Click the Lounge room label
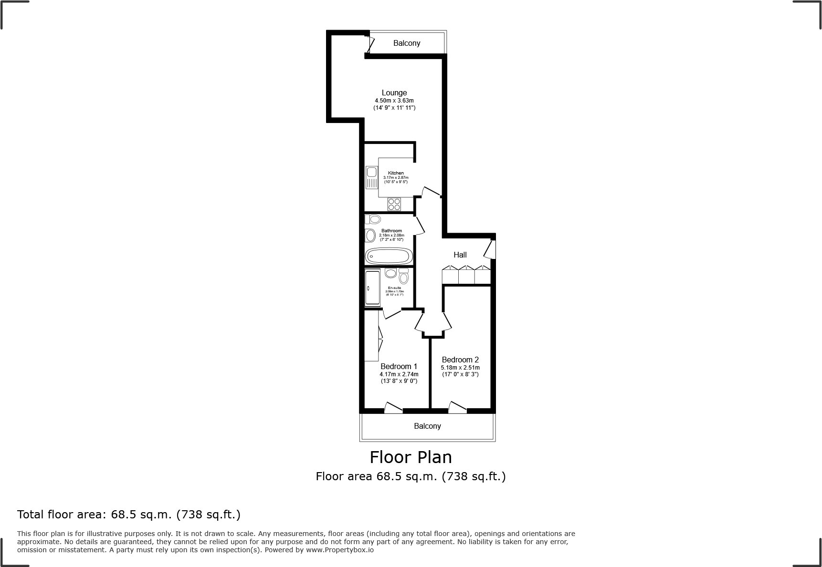[394, 93]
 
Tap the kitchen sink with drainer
[371, 177]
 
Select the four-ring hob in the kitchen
[394, 204]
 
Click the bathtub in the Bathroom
[389, 256]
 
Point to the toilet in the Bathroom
[374, 219]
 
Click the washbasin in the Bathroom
[370, 235]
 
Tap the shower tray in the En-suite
[372, 288]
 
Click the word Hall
[460, 255]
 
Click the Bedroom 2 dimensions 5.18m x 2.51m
[460, 368]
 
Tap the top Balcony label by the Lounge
[407, 43]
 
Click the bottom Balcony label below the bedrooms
[427, 426]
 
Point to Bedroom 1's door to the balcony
[393, 407]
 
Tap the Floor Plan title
[411, 457]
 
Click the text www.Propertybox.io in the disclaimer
[340, 550]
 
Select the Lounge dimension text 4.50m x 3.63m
[394, 101]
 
